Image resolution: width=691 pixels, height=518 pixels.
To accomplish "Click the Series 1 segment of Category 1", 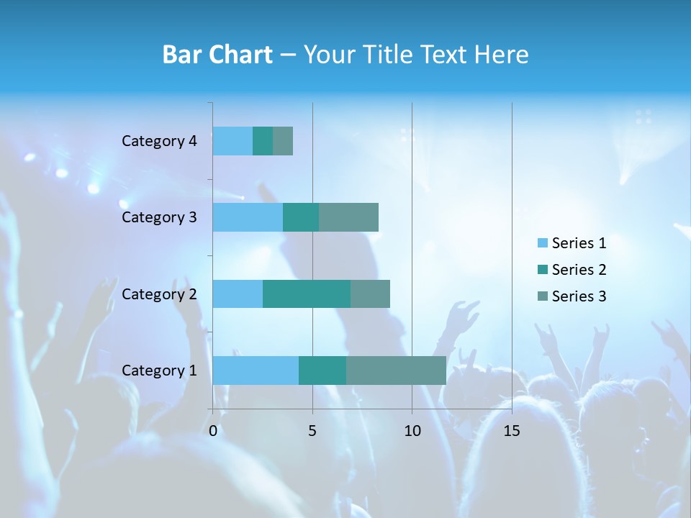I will (x=256, y=370).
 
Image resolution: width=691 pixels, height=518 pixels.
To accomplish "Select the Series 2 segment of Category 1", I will (x=322, y=370).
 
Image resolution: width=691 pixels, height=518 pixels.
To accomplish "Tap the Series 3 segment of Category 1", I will (x=396, y=370).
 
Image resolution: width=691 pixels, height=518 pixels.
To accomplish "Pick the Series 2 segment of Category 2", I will (x=307, y=294).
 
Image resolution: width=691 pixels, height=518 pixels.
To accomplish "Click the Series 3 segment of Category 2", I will (x=370, y=294).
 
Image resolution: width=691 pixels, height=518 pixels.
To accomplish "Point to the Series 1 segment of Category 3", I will (x=248, y=217).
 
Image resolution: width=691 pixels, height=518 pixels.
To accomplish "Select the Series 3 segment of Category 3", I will (x=348, y=217).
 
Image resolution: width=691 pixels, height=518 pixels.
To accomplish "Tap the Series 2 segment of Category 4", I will (x=263, y=141).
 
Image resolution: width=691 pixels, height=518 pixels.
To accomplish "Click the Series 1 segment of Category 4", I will (x=232, y=141).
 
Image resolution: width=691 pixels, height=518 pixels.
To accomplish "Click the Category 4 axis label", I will (x=159, y=141).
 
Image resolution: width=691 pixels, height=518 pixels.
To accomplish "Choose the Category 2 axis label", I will (x=159, y=294).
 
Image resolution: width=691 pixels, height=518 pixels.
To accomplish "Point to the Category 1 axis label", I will (x=159, y=371).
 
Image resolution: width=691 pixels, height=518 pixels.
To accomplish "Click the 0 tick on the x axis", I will (x=213, y=431).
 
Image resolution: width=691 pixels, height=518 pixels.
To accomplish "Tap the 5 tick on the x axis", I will (x=312, y=431).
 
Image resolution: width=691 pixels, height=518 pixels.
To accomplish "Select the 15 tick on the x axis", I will (x=511, y=431).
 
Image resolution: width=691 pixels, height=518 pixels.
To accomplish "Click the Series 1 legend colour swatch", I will (x=542, y=243).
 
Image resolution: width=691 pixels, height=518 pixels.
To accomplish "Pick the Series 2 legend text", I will (x=579, y=270).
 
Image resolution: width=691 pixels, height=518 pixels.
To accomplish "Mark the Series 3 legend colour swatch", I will (x=542, y=296).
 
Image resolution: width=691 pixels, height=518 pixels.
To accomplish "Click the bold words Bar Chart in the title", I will (x=217, y=55).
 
